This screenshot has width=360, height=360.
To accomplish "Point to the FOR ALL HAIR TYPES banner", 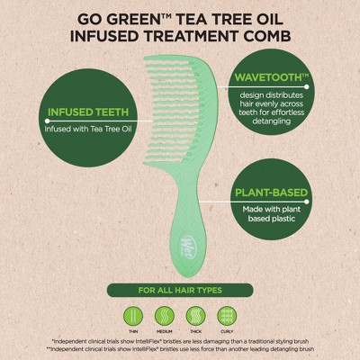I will pos(179,291).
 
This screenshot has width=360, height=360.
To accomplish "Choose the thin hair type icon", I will pos(133,315).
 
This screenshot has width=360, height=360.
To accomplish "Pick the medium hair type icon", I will pos(164,315).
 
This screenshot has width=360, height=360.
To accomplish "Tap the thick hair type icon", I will pos(195,315).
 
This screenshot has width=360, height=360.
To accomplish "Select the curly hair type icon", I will pos(226,315).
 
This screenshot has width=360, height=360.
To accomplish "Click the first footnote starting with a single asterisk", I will pos(180,341).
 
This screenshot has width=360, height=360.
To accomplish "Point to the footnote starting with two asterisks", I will pos(180,349).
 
